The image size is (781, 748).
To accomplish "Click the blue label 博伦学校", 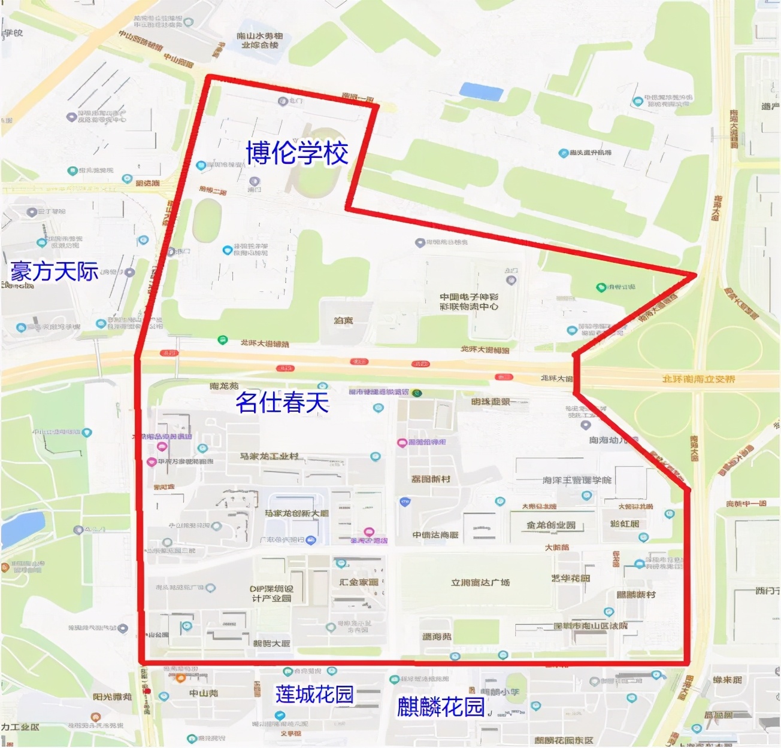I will pyautogui.click(x=297, y=153).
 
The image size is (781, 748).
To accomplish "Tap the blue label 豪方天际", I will pyautogui.click(x=55, y=272).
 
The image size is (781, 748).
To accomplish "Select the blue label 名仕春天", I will pyautogui.click(x=283, y=402).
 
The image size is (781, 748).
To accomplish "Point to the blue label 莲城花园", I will pyautogui.click(x=314, y=694).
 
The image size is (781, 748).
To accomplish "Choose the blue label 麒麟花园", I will pyautogui.click(x=441, y=707).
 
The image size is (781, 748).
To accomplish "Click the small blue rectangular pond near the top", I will pyautogui.click(x=481, y=92).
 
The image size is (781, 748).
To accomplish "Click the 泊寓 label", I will pyautogui.click(x=343, y=321).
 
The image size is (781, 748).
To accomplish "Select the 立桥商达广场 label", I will pyautogui.click(x=480, y=582).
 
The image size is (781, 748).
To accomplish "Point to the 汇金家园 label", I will pyautogui.click(x=359, y=582).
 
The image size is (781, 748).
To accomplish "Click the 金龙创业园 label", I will pyautogui.click(x=551, y=525).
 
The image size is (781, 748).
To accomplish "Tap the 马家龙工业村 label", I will pyautogui.click(x=270, y=457).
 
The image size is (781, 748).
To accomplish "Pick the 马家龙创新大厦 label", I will pyautogui.click(x=296, y=513).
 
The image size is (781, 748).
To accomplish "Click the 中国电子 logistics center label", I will pyautogui.click(x=469, y=302).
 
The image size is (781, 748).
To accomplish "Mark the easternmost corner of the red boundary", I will pyautogui.click(x=695, y=275).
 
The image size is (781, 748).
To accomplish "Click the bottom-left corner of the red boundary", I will pyautogui.click(x=141, y=662).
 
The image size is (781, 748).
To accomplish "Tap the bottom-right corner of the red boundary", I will pyautogui.click(x=689, y=662).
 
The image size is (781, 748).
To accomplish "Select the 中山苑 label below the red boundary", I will pyautogui.click(x=204, y=693).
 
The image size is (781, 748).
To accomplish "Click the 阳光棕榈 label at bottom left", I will pyautogui.click(x=112, y=697).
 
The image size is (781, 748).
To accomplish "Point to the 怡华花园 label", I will pyautogui.click(x=570, y=579).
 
